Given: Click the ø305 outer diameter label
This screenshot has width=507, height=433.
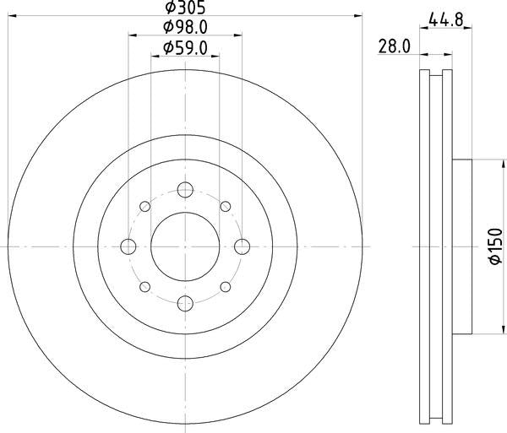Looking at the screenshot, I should click(185, 10).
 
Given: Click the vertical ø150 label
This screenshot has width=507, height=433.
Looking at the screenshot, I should click(495, 246).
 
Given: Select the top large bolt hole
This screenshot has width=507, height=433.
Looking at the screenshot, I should click(186, 190).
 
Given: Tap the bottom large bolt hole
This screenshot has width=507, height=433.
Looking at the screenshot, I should click(186, 303).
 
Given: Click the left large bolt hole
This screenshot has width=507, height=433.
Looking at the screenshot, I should click(129, 246).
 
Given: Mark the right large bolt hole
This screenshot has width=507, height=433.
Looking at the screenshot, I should click(243, 246).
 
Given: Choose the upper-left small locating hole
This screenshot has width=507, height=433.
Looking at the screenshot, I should click(145, 206).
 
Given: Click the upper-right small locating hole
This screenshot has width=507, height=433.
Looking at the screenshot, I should click(226, 206).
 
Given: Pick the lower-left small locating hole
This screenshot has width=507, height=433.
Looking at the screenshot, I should click(145, 287).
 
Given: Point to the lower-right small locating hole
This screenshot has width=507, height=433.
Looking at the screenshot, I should click(226, 287).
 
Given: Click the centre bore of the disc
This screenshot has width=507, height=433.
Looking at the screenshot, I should click(186, 246).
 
